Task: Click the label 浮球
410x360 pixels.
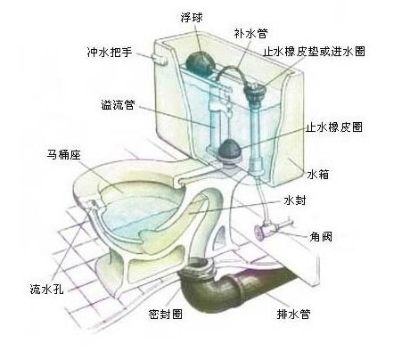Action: [192, 18]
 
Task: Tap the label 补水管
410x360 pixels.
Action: [250, 33]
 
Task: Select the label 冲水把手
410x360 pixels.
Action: [110, 53]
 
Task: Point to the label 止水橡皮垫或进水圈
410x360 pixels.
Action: [314, 52]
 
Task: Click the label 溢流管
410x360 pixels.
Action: [119, 104]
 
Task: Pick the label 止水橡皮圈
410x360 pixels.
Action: [334, 127]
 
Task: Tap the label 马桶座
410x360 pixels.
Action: [63, 154]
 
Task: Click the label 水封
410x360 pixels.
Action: [294, 200]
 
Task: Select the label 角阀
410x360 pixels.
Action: [321, 237]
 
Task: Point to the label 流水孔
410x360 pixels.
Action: [47, 289]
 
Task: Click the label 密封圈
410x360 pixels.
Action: [165, 314]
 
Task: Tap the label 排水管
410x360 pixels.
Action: [293, 314]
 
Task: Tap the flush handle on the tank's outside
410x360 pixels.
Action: [160, 59]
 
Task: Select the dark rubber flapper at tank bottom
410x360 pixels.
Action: [230, 150]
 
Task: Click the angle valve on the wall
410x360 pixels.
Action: [269, 229]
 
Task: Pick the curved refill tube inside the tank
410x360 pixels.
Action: [234, 71]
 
